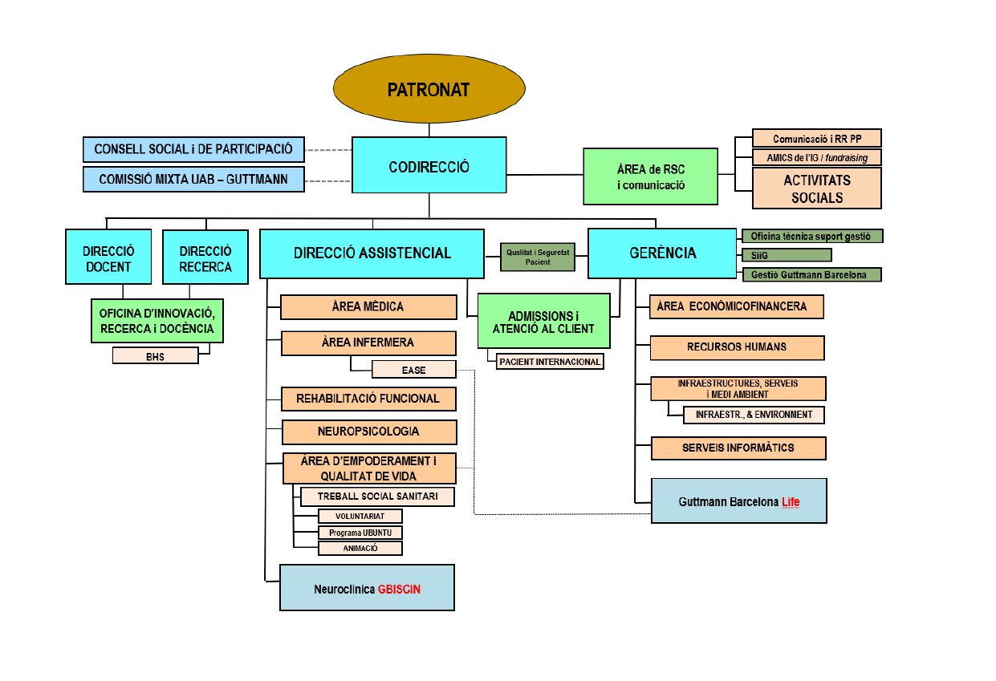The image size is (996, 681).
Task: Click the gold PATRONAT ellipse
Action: point(429,89)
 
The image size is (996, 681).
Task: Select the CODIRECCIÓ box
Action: point(429,165)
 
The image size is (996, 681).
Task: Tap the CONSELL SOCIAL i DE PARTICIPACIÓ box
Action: point(193,149)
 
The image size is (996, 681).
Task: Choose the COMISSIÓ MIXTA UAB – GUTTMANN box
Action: point(193,179)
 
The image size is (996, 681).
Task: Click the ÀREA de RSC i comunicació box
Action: point(651,176)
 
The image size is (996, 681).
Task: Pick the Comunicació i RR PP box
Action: point(817,138)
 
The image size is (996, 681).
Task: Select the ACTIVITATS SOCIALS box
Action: point(817,188)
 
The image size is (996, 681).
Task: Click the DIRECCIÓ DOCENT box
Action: point(108,257)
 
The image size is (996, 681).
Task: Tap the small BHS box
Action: point(155,355)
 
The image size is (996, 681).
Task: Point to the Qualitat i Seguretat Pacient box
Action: point(538,257)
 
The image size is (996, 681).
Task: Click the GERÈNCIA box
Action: point(662,253)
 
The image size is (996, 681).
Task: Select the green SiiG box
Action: point(787,255)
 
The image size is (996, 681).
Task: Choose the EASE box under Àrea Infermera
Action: point(414,370)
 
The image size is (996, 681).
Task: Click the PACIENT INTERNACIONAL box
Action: point(550,362)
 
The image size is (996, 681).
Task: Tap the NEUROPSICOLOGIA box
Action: point(369,432)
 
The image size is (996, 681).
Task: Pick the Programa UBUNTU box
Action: point(360,532)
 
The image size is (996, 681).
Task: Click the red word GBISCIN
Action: point(399,589)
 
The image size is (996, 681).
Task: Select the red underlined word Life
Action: point(791,502)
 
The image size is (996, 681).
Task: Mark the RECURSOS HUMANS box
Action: point(738,347)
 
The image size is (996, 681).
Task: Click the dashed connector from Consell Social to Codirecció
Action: point(328,150)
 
